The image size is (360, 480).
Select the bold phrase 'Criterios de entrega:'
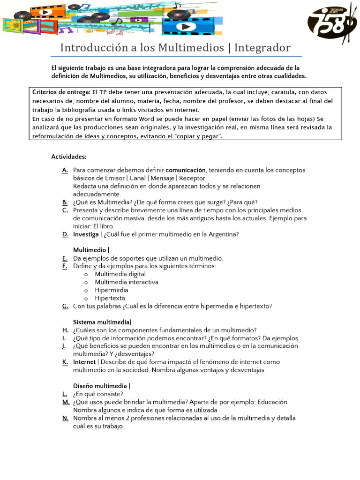61,92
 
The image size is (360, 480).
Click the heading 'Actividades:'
69,157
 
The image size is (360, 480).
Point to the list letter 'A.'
65,170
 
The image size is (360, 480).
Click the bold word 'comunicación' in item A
186,170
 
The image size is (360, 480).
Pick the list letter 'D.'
65,234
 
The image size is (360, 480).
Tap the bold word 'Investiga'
86,234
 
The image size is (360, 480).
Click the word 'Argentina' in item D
223,234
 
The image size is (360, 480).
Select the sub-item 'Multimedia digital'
120,274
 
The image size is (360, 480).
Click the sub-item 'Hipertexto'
110,298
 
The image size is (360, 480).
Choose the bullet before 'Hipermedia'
86,290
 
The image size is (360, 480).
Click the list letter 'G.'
65,306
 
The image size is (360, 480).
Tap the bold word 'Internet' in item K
84,362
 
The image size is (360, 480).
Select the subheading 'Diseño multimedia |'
102,386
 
